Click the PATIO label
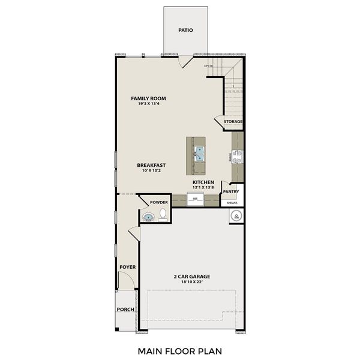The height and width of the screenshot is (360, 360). point(185,29)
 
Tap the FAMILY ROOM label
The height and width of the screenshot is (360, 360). point(148,98)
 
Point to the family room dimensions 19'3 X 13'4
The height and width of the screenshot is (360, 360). point(148,104)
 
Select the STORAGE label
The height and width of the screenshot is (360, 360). point(233,122)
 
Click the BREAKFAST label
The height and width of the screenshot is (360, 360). point(151,165)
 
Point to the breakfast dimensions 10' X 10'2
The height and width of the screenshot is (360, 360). point(151,171)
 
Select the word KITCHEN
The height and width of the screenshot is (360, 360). point(203,182)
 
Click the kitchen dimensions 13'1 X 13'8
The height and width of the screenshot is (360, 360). point(203,188)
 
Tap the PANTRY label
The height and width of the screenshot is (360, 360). point(231,192)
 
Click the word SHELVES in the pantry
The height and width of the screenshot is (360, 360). point(232,203)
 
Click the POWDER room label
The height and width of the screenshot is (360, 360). point(159,202)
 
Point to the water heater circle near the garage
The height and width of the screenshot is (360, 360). point(236,216)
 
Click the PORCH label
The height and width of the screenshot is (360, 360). point(125,310)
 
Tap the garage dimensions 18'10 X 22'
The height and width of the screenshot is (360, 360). point(192,283)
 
